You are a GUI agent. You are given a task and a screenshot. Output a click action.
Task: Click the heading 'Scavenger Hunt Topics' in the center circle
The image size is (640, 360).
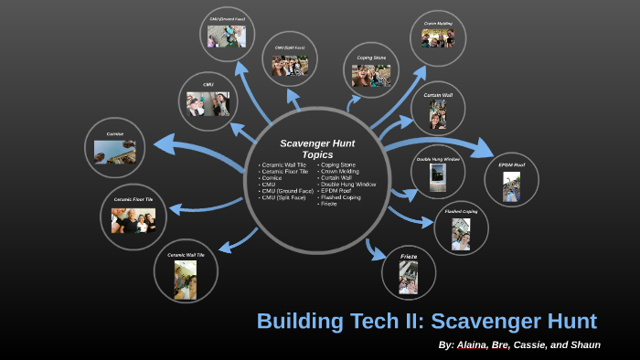coord(317,149)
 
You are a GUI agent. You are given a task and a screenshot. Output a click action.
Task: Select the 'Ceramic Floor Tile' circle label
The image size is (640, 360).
coord(133,198)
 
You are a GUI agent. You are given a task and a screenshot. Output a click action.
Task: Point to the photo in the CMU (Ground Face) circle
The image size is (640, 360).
coord(226,37)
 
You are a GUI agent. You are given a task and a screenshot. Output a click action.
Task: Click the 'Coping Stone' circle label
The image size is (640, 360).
coord(371,57)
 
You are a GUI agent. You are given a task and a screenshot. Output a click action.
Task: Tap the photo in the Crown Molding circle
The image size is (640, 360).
coord(438,37)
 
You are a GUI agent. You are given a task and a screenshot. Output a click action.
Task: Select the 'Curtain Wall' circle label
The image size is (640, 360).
coord(438,94)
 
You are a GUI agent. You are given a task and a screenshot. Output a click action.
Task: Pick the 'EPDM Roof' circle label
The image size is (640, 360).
coord(511,165)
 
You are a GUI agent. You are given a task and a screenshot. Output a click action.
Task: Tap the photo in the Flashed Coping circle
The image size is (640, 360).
coord(461,235)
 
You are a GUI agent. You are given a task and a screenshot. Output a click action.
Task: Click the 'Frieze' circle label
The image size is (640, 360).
coord(409,257)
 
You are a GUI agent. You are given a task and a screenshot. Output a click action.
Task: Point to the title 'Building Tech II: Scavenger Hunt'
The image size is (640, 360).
coord(426,322)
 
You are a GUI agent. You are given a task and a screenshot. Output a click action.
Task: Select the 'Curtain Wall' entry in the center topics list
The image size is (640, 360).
coord(336,177)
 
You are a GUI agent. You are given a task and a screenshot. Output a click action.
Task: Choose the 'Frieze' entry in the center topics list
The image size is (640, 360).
coord(327,203)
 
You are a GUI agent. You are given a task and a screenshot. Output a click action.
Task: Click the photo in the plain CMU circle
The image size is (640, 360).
coord(208,103)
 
